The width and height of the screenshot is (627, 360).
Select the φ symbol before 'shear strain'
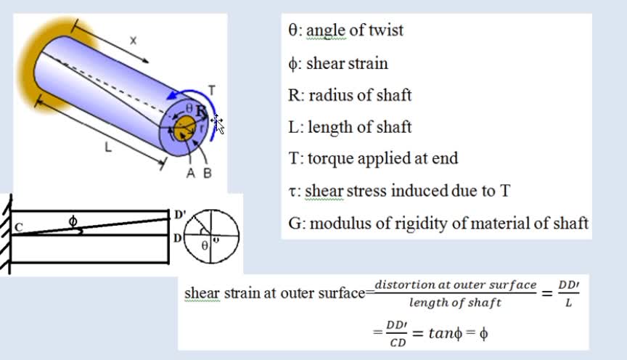click(x=292, y=64)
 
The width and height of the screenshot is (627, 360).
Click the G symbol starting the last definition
click(x=295, y=224)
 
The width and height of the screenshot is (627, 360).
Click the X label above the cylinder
click(x=133, y=41)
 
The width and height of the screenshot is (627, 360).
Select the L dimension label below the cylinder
click(x=108, y=147)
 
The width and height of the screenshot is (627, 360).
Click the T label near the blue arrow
click(x=211, y=91)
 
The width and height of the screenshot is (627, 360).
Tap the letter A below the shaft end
click(x=191, y=173)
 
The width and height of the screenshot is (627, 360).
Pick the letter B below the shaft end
click(x=207, y=173)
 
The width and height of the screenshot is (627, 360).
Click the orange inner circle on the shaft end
click(x=185, y=128)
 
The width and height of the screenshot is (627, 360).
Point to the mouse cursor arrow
click(x=219, y=125)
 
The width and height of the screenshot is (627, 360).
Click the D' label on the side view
click(x=179, y=215)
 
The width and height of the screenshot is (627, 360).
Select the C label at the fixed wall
click(x=19, y=227)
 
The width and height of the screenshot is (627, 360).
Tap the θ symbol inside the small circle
click(x=205, y=245)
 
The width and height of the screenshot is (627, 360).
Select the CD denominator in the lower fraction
click(x=398, y=343)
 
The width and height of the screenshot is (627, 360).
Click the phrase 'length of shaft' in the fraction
click(x=455, y=303)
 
